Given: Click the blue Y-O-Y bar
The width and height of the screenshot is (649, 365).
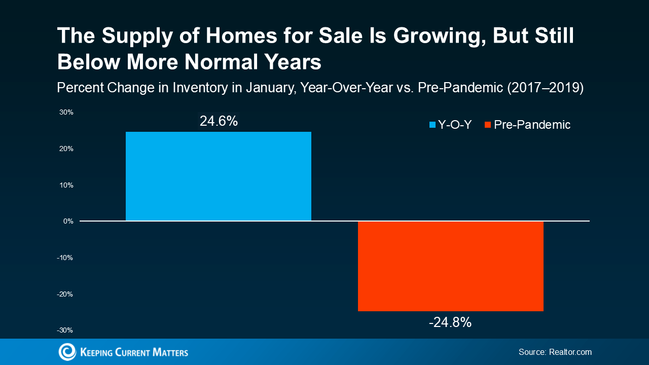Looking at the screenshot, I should pyautogui.click(x=218, y=176).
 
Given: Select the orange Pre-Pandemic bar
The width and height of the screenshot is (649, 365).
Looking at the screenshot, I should pyautogui.click(x=450, y=266).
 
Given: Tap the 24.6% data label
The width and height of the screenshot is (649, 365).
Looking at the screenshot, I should pyautogui.click(x=219, y=122).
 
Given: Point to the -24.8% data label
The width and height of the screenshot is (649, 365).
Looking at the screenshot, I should pyautogui.click(x=450, y=322).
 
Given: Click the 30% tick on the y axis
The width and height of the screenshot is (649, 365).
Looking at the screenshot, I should pyautogui.click(x=66, y=113).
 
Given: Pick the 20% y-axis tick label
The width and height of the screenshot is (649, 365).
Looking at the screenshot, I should pyautogui.click(x=66, y=149).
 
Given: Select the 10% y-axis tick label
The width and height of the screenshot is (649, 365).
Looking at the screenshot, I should pyautogui.click(x=66, y=185).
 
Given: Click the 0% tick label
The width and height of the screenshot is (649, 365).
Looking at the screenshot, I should pyautogui.click(x=68, y=222).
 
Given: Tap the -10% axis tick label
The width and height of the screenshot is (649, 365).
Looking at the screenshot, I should pyautogui.click(x=65, y=258).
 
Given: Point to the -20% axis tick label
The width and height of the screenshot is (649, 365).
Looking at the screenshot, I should pyautogui.click(x=65, y=294).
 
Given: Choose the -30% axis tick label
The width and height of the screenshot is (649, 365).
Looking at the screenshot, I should pyautogui.click(x=65, y=330).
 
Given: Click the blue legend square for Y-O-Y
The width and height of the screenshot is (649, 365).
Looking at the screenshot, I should pyautogui.click(x=432, y=125).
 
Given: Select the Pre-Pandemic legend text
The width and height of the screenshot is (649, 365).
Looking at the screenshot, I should pyautogui.click(x=532, y=125).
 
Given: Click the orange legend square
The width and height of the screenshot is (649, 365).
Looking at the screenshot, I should pyautogui.click(x=488, y=125).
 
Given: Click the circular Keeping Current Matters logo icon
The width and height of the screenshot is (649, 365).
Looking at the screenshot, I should pyautogui.click(x=67, y=352).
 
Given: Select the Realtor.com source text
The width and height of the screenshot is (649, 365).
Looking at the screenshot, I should pyautogui.click(x=570, y=352).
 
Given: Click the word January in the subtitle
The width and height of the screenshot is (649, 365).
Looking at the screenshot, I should pyautogui.click(x=267, y=88).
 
